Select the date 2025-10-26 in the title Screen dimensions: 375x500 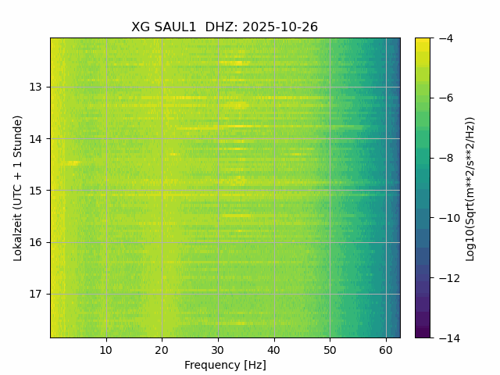click(280, 27)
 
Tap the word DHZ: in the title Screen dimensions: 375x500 click(222, 27)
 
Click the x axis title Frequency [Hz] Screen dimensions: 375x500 click(225, 365)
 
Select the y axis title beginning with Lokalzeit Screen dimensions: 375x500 click(17, 187)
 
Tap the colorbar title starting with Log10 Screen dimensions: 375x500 click(470, 187)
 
